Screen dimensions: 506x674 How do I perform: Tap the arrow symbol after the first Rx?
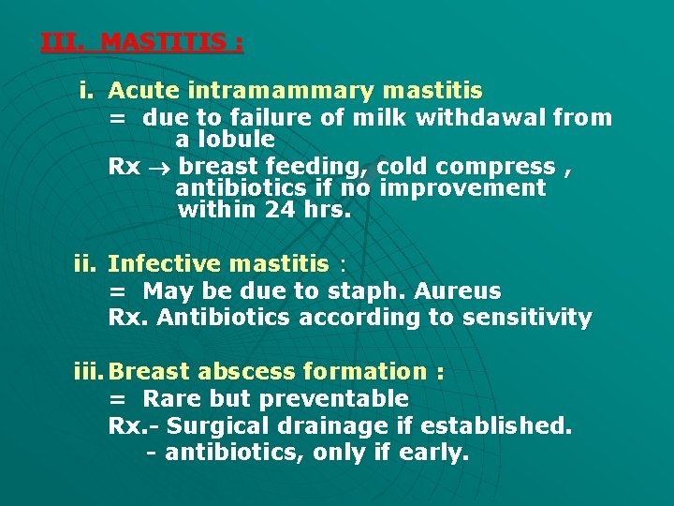[160, 167]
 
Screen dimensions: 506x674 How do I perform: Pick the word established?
[496, 426]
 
